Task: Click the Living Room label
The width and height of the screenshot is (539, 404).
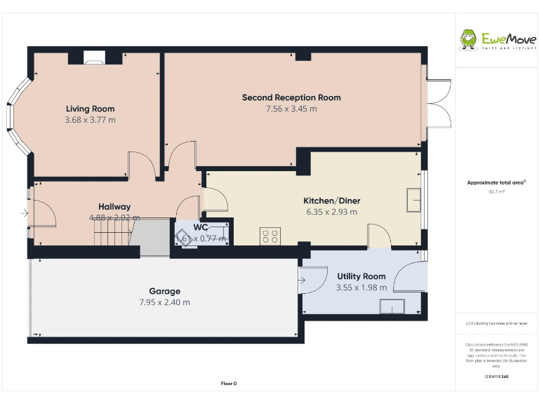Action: [90, 109]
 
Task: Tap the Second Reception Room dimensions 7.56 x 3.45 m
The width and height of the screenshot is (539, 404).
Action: [291, 109]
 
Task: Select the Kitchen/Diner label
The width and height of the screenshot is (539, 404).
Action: [331, 201]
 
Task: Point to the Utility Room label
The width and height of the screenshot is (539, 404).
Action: [361, 276]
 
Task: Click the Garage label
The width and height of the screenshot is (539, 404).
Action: [164, 291]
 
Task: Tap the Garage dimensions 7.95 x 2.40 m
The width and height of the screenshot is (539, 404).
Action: [164, 302]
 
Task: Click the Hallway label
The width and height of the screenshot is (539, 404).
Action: [114, 207]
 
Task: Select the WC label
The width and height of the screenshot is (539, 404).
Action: [201, 227]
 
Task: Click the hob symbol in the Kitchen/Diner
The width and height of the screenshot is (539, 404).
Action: [269, 236]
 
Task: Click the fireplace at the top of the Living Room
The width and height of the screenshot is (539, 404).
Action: [93, 58]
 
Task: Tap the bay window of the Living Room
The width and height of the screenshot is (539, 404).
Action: [20, 116]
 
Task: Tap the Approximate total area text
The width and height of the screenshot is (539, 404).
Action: [496, 182]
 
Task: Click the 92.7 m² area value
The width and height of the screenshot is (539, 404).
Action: [496, 191]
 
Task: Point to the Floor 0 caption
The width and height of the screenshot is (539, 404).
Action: [229, 383]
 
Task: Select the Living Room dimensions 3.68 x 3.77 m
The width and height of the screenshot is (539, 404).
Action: [90, 120]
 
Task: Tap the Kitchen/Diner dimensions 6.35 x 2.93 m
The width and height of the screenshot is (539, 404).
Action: [331, 212]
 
